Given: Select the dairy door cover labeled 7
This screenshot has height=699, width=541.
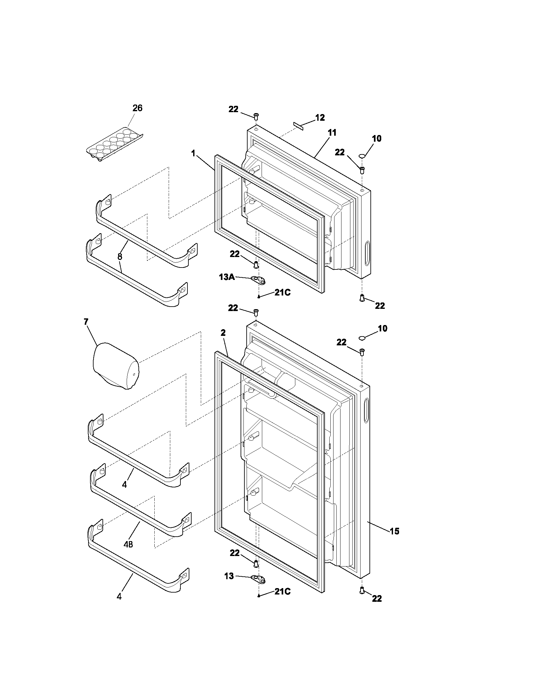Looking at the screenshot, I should (x=116, y=366).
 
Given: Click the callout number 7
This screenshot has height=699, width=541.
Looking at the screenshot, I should (x=86, y=322).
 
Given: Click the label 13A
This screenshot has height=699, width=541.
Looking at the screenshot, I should (x=227, y=277).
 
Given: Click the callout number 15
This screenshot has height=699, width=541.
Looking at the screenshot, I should (x=395, y=531).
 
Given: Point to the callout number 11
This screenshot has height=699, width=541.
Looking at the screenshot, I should (x=332, y=132).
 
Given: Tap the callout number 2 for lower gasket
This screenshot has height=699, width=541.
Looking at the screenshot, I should (x=223, y=333).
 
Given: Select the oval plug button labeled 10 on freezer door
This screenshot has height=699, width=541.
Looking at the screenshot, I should (x=362, y=156).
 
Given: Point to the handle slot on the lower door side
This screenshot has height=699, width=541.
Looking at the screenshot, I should (x=366, y=411).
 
